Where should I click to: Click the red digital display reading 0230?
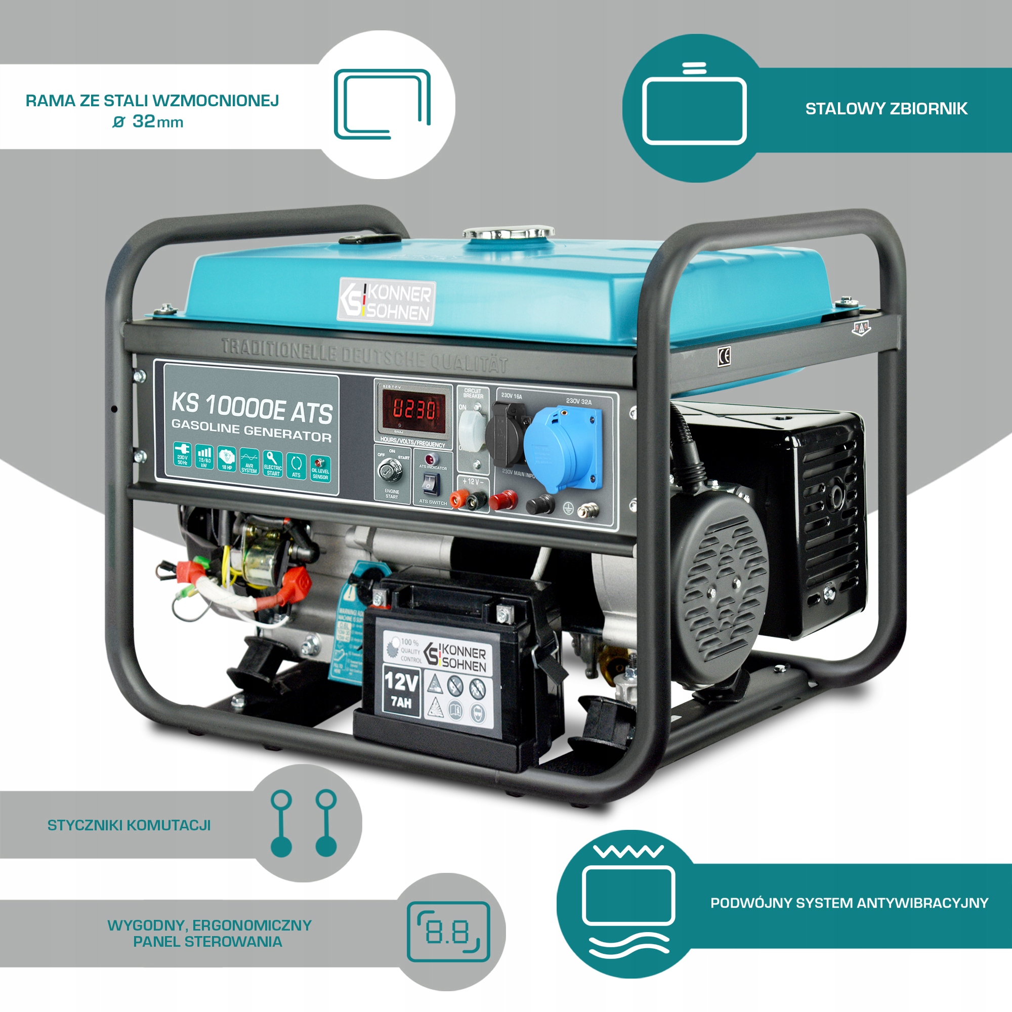(x=414, y=409)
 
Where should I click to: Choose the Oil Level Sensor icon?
(x=320, y=468)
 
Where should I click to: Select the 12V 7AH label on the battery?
(x=401, y=691)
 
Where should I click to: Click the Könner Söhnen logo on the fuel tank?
(x=387, y=302)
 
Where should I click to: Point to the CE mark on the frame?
(x=724, y=357)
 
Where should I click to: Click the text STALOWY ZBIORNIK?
(x=887, y=109)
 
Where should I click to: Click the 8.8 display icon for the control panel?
(x=448, y=932)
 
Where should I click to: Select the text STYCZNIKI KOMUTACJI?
(x=129, y=825)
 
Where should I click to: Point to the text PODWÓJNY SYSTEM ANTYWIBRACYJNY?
(x=849, y=903)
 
